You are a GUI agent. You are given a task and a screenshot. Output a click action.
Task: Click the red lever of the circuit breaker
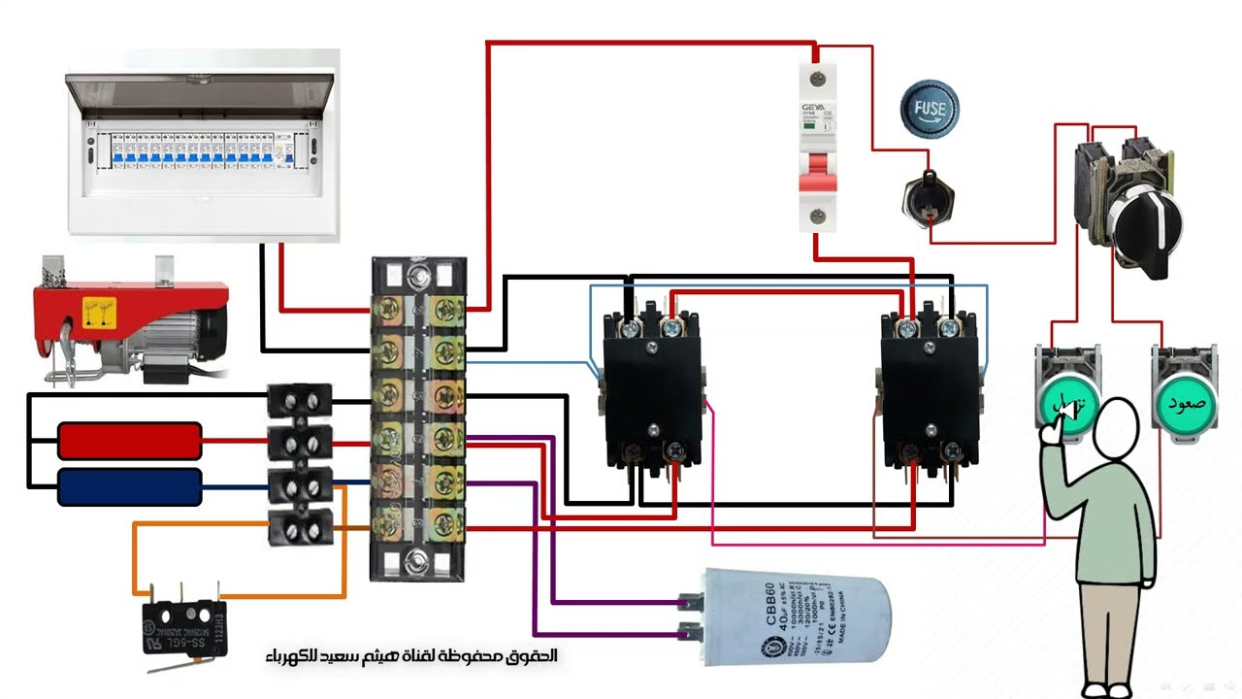click(817, 172)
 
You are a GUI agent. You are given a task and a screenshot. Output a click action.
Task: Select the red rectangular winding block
click(129, 440)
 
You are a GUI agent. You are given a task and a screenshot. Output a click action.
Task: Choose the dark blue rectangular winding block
click(129, 486)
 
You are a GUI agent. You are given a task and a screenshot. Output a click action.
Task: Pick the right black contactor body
click(928, 388)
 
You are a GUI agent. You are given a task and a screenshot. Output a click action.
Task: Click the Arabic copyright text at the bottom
click(411, 656)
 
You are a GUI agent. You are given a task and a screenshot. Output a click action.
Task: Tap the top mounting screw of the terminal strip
click(418, 280)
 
